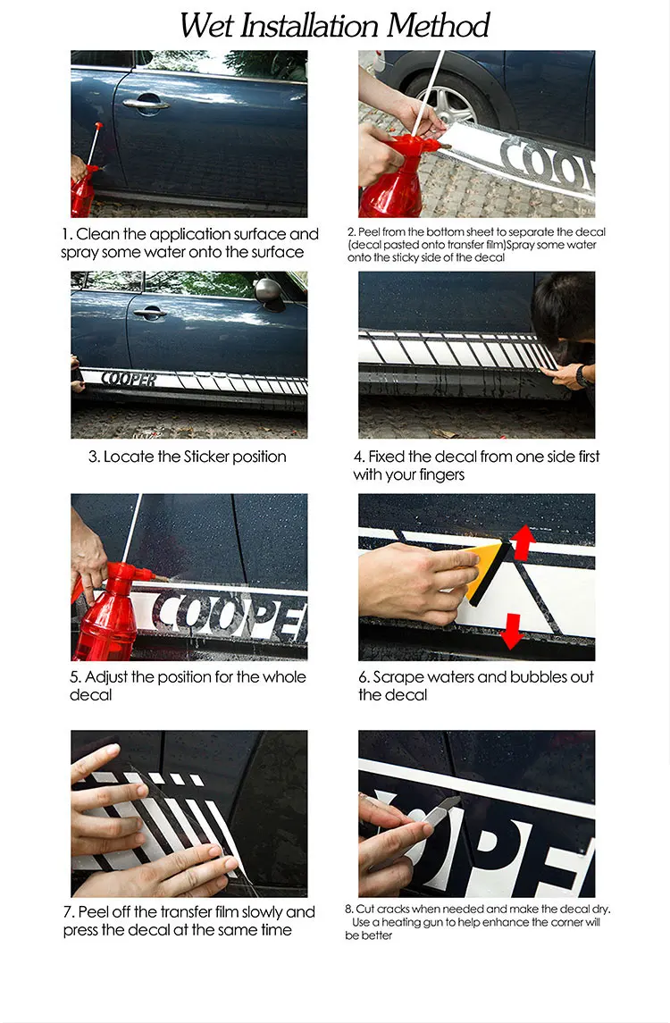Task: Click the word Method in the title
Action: (438, 25)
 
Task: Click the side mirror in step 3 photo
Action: (269, 293)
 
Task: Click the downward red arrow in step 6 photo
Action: (512, 631)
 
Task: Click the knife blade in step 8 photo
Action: (444, 808)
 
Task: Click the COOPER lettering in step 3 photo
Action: (129, 379)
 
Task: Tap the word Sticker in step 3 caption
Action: (206, 457)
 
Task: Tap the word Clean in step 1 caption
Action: (97, 234)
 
